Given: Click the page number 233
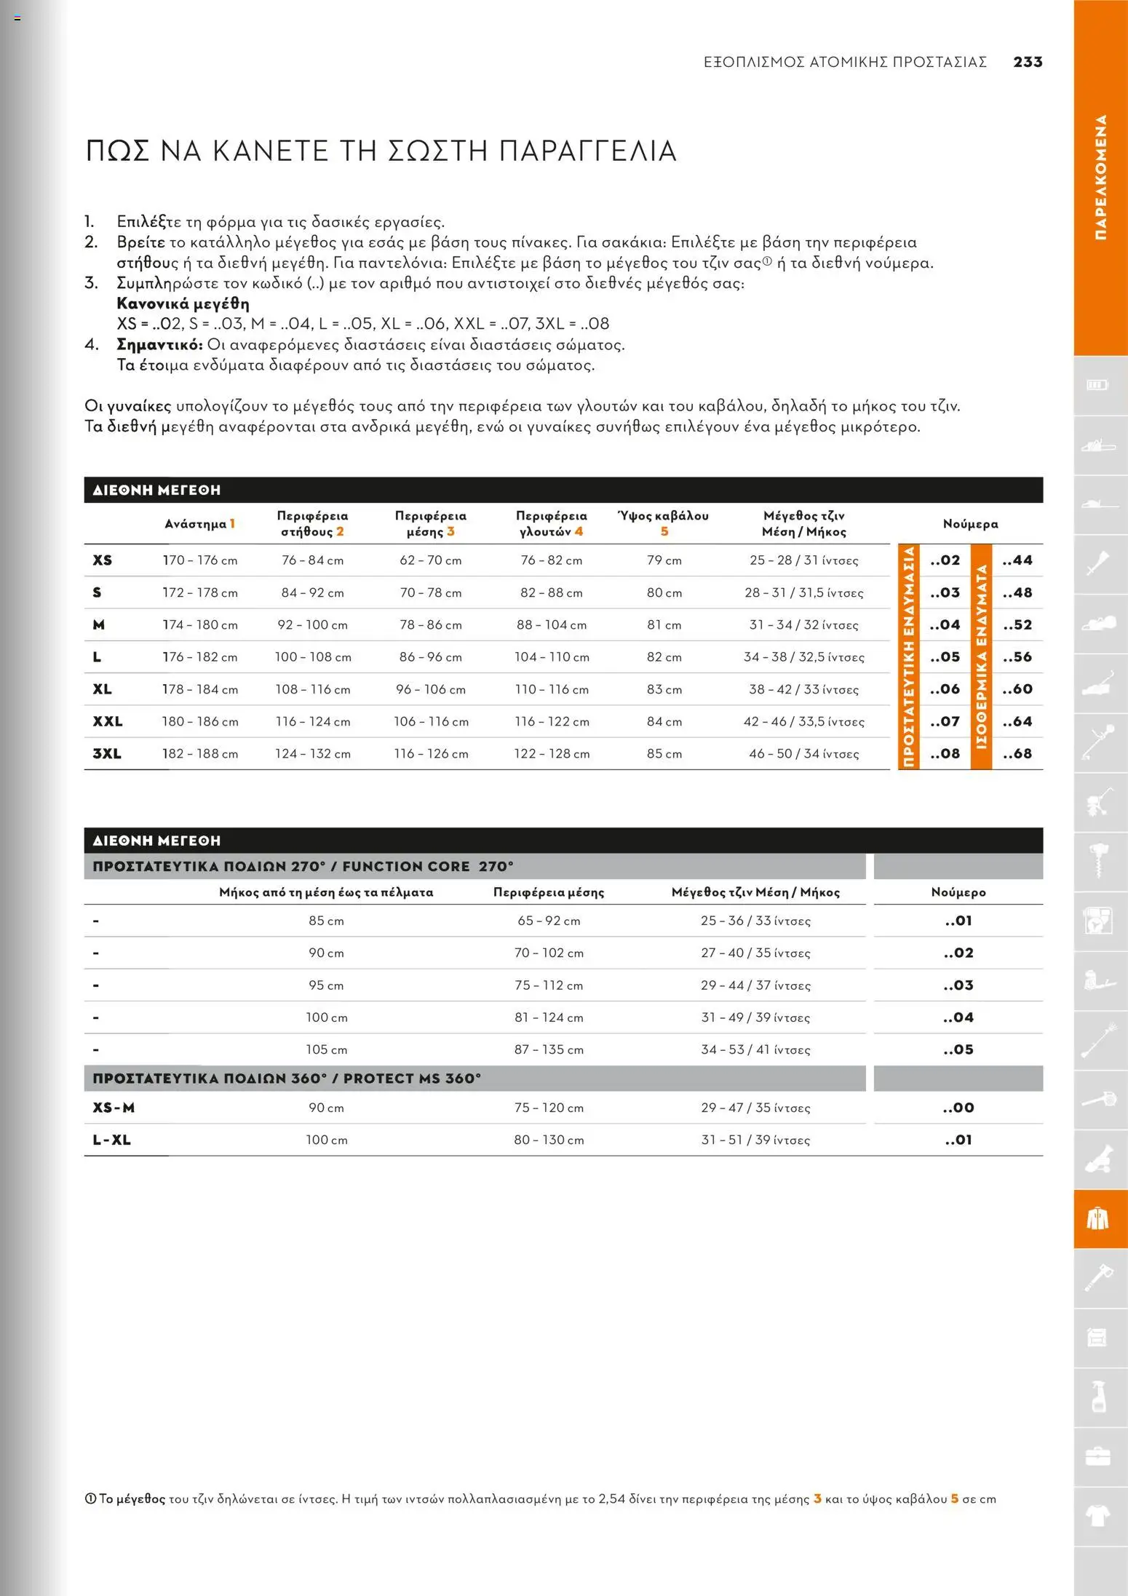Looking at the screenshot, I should pyautogui.click(x=1028, y=62).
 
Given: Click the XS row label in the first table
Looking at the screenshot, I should pyautogui.click(x=102, y=560).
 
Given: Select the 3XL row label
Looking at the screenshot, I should pyautogui.click(x=107, y=753).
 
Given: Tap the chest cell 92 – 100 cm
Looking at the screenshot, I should pyautogui.click(x=313, y=624).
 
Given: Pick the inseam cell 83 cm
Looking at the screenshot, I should pyautogui.click(x=664, y=689).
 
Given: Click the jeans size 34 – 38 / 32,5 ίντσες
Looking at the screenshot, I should pyautogui.click(x=803, y=656).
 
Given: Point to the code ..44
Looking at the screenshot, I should pyautogui.click(x=1017, y=560).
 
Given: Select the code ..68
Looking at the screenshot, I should pyautogui.click(x=1017, y=753).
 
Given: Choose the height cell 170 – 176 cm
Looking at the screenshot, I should pyautogui.click(x=199, y=560).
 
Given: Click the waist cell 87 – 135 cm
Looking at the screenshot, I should pyautogui.click(x=549, y=1049).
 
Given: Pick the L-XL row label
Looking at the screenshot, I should pyautogui.click(x=111, y=1140).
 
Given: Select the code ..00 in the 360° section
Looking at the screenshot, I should pyautogui.click(x=958, y=1108).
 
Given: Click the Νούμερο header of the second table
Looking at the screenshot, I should pyautogui.click(x=958, y=892).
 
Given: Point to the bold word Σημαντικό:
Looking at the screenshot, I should pyautogui.click(x=159, y=344).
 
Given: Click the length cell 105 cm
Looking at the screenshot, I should pyautogui.click(x=326, y=1049).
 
